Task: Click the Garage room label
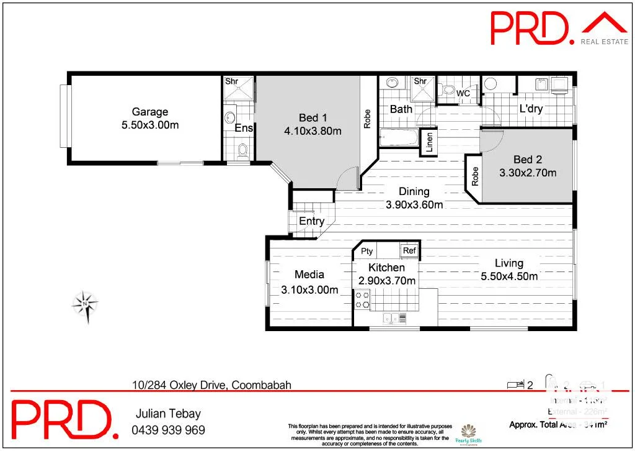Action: pos(149,112)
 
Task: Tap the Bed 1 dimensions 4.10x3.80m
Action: pos(313,130)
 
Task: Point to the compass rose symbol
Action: pos(85,304)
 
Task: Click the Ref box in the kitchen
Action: pos(409,251)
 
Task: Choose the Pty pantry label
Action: pos(366,251)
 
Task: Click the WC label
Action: pos(463,93)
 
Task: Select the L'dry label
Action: pos(531,109)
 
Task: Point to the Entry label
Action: pos(311,221)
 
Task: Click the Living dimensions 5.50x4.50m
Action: pos(509,276)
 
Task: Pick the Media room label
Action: pos(309,274)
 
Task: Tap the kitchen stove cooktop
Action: pos(362,300)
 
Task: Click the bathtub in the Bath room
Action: pos(399,137)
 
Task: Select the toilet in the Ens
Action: pos(242,150)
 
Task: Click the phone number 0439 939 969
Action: pos(168,430)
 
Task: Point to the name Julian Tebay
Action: pos(168,414)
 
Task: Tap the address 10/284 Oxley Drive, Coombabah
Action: pos(211,385)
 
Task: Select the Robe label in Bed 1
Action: pos(367,118)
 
